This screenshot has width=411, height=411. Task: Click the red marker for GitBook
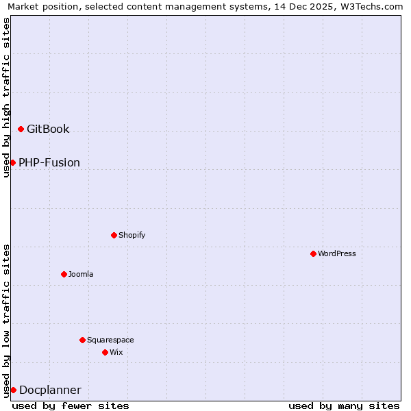21,129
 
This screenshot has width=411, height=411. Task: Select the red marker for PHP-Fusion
12,162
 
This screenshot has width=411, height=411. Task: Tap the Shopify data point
114,235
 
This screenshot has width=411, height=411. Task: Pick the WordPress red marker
313,253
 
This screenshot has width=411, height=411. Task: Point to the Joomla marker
64,274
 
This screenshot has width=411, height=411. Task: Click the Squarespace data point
82,340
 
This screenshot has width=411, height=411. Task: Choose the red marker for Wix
105,352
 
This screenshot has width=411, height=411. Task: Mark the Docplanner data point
13,390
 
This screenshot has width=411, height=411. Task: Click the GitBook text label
48,129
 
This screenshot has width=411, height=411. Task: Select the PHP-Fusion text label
49,162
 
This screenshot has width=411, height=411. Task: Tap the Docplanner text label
50,390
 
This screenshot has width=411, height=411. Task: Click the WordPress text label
337,253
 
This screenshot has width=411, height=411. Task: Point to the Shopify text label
132,235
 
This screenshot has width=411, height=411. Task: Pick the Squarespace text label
110,340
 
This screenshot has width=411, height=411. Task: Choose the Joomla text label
81,274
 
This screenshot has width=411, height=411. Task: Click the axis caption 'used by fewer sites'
71,406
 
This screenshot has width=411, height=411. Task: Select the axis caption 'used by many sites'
344,406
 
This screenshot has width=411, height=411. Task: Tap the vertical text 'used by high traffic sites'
7,97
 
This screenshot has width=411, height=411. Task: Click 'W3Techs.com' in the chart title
369,6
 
